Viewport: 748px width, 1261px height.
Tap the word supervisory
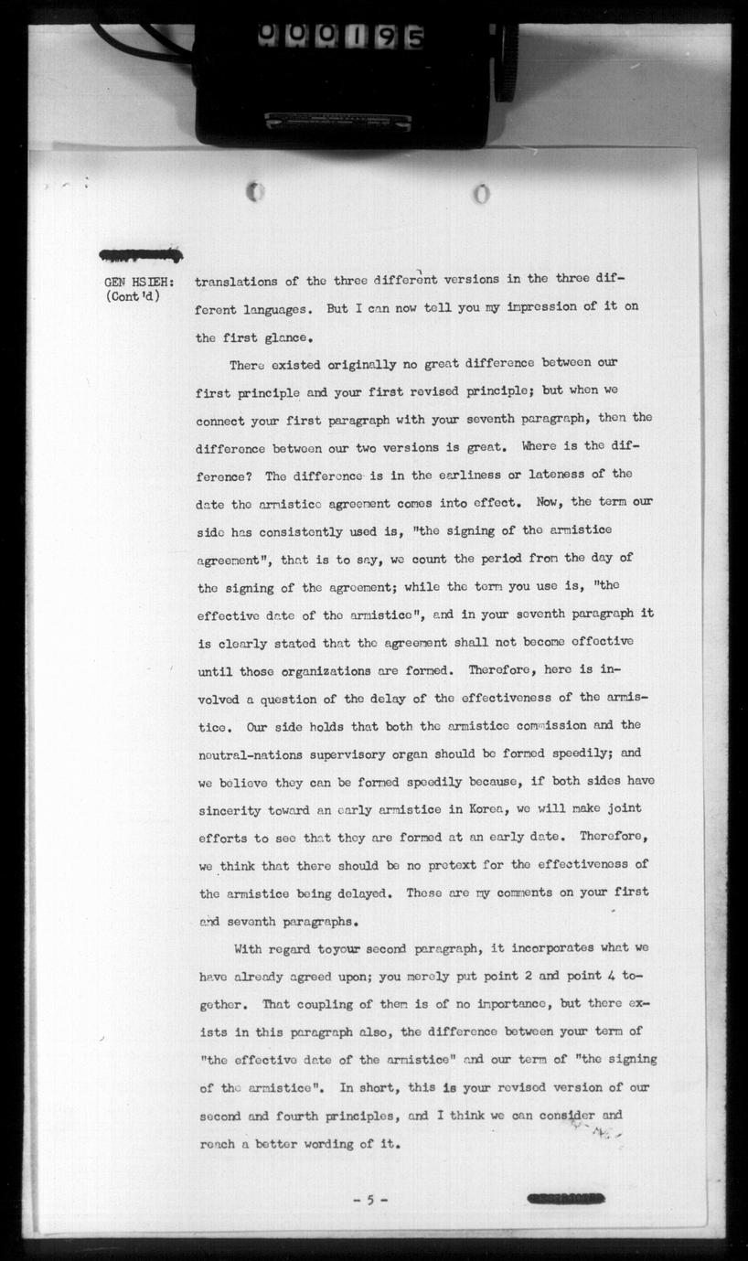(x=349, y=753)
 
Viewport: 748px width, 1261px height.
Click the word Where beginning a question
(x=540, y=446)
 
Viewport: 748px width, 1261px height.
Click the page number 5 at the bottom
(x=370, y=1200)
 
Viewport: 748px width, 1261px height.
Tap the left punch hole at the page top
(x=256, y=193)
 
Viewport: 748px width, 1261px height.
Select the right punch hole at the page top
(x=481, y=194)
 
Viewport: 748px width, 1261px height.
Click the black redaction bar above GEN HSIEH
(x=142, y=255)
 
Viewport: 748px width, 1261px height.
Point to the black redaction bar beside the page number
(x=565, y=1199)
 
